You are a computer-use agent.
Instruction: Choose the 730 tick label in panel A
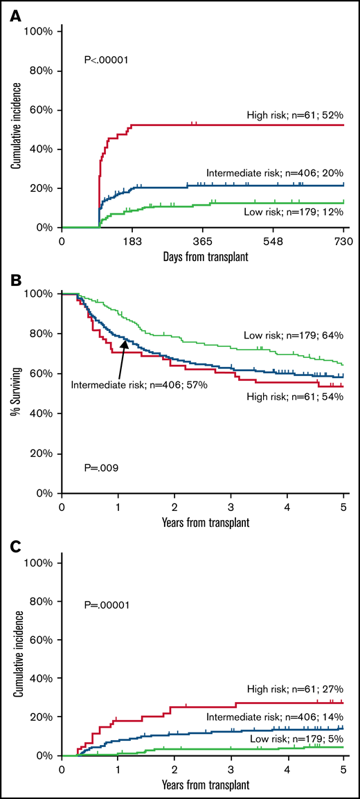pos(343,241)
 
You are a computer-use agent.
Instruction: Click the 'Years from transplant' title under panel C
pos(202,787)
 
